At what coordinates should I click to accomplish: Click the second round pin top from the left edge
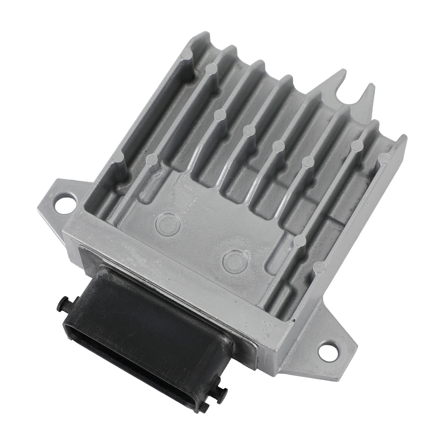click(x=151, y=159)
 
